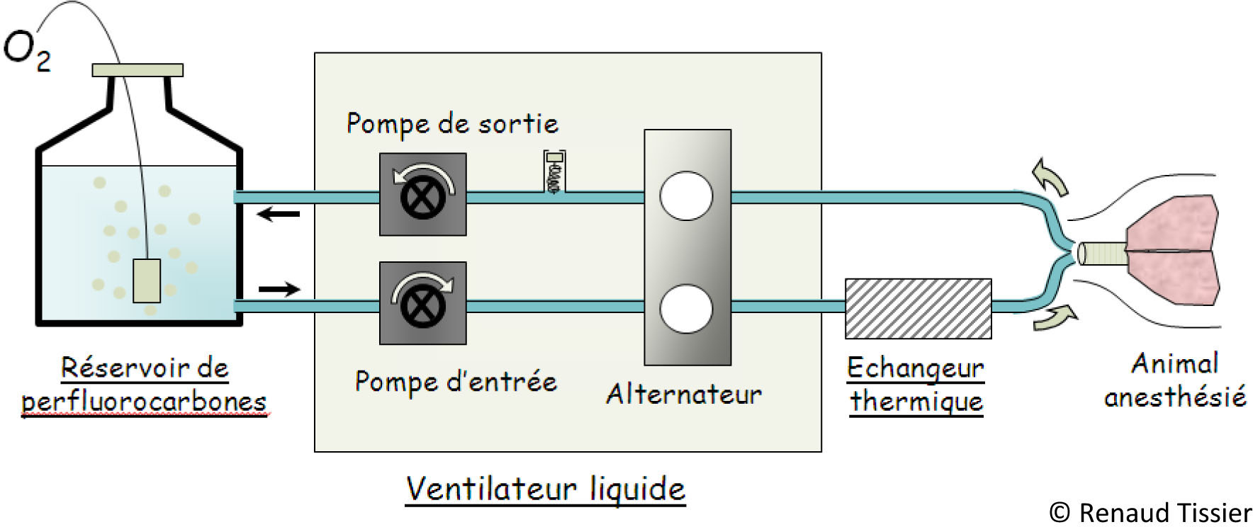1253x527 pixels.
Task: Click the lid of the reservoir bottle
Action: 137,70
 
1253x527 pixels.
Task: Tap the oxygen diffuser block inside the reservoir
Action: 147,280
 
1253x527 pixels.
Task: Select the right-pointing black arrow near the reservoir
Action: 279,289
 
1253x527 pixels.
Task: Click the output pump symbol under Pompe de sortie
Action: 423,194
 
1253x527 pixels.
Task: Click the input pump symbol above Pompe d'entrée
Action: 423,303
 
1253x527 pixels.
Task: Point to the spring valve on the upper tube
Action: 554,172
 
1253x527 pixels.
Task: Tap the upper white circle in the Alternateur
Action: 686,195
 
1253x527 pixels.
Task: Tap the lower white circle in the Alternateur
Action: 686,308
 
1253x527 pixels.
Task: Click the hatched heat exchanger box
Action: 918,308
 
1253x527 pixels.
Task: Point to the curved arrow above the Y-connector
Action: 1050,176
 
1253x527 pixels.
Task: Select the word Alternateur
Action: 684,394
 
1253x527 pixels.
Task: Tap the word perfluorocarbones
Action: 144,402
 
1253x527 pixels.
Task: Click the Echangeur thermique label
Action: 916,385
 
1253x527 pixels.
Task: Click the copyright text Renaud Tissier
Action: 1150,512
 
